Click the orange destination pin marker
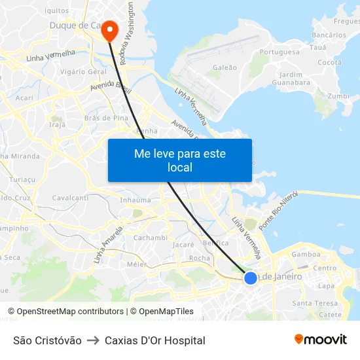click(109, 29)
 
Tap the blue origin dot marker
click(251, 278)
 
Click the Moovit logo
click(321, 340)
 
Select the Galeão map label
click(225, 67)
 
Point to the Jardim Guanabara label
click(290, 79)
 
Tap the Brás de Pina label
click(106, 118)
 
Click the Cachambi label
click(151, 238)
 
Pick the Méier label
click(137, 264)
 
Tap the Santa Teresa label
click(315, 303)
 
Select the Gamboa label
click(306, 254)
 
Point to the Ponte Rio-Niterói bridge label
click(278, 211)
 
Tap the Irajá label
click(58, 124)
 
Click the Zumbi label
click(338, 96)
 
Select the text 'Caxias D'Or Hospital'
click(155, 340)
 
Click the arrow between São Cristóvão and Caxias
click(93, 340)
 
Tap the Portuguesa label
click(279, 52)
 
